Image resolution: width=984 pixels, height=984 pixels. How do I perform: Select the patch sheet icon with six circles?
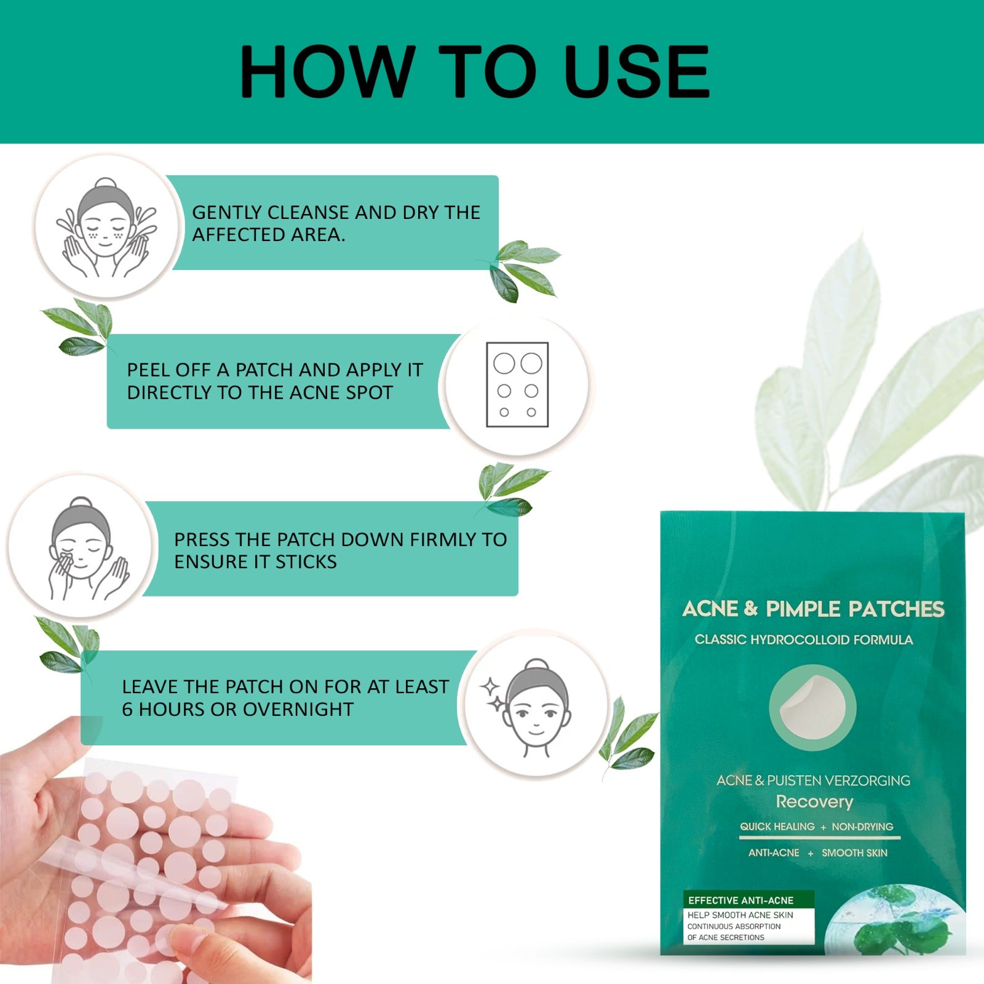tap(517, 385)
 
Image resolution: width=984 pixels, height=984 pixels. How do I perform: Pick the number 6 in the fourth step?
tap(127, 710)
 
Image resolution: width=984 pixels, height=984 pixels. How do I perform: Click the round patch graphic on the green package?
tap(812, 707)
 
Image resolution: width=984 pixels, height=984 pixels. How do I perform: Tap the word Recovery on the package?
tap(814, 802)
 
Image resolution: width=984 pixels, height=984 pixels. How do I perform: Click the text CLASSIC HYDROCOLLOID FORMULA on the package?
tap(803, 640)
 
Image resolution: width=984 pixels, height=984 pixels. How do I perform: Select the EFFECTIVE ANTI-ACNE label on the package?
tap(740, 900)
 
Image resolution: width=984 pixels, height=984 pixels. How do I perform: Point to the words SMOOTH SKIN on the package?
tap(854, 853)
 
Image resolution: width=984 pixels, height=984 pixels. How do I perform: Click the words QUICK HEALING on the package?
tap(777, 827)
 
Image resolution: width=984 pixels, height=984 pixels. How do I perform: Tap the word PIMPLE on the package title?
tap(803, 609)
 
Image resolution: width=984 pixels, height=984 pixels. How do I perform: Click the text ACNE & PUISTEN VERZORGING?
tap(813, 780)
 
